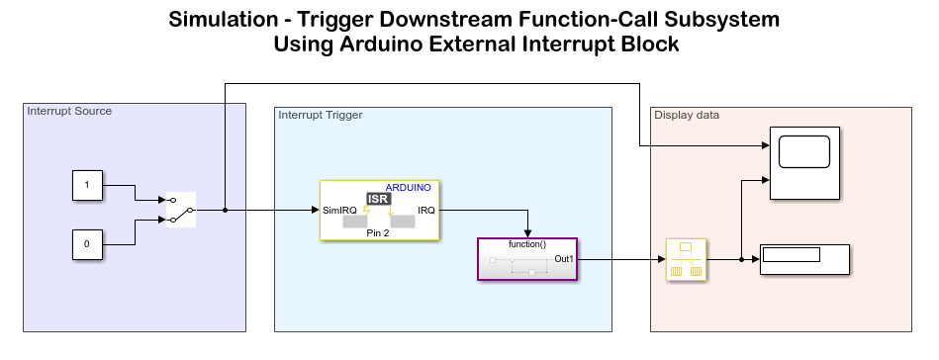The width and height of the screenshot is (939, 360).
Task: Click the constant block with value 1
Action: pyautogui.click(x=87, y=185)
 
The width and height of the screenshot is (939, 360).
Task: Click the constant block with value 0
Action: pyautogui.click(x=87, y=243)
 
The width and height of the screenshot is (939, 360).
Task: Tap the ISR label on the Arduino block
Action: pyautogui.click(x=377, y=199)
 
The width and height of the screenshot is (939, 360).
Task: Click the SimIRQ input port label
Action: pyautogui.click(x=340, y=211)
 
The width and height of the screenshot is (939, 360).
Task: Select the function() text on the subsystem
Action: pyautogui.click(x=527, y=244)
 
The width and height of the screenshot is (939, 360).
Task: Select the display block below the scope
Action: pyautogui.click(x=804, y=259)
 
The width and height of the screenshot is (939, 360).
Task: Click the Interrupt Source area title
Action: pyautogui.click(x=69, y=111)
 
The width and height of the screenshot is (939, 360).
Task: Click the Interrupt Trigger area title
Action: pyautogui.click(x=321, y=115)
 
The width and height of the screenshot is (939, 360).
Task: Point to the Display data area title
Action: pyautogui.click(x=687, y=115)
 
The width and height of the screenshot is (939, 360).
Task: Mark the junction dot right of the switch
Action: pyautogui.click(x=226, y=211)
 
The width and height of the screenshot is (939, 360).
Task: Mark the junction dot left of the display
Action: pyautogui.click(x=741, y=259)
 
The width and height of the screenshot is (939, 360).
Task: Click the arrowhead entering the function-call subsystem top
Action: pyautogui.click(x=528, y=233)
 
